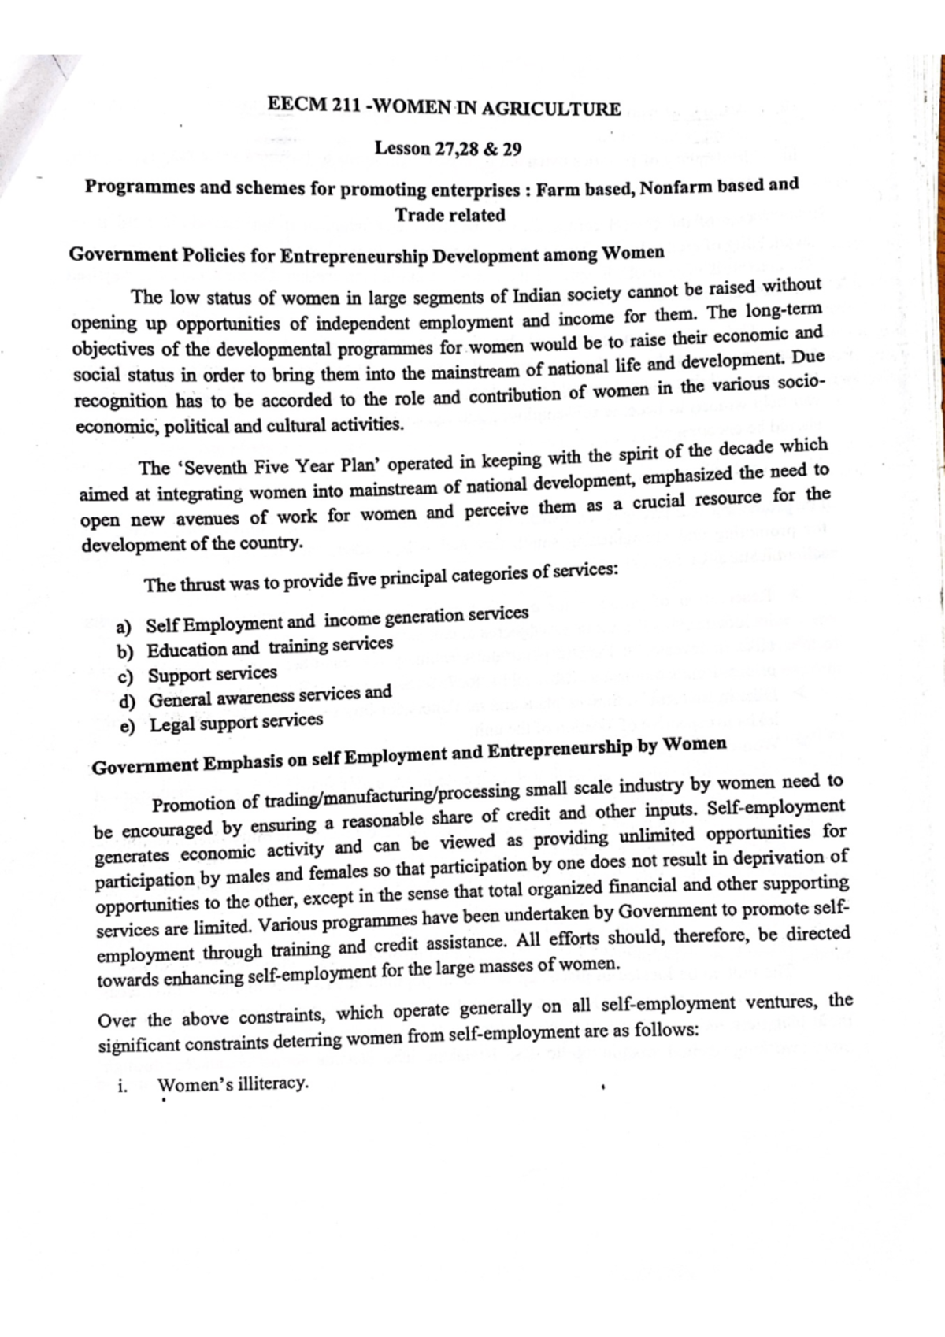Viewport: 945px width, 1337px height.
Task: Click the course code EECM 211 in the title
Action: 313,106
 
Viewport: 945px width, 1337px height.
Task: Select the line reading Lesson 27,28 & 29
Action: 447,148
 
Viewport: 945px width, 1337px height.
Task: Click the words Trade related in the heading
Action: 450,215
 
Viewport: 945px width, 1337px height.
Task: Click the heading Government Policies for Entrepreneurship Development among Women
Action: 366,255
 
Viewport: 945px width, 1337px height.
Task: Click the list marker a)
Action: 124,628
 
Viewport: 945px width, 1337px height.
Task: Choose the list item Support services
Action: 212,675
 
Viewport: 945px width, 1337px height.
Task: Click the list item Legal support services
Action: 235,722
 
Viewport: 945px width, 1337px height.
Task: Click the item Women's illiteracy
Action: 233,1084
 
